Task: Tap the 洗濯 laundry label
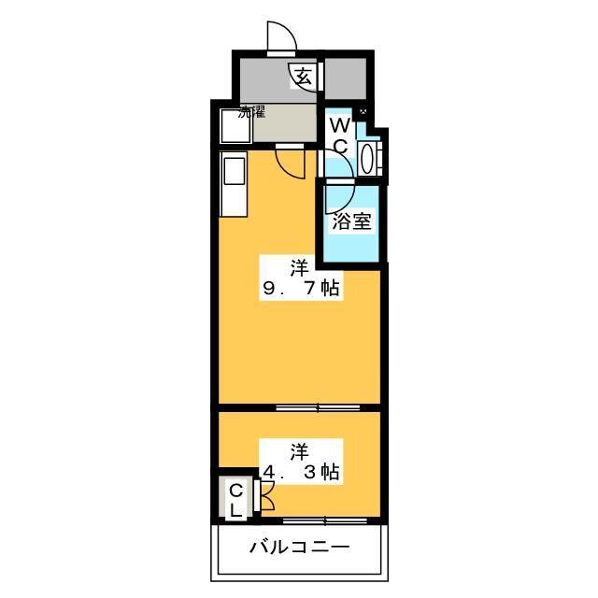click(251, 112)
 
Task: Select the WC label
click(340, 135)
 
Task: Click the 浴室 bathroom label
click(351, 221)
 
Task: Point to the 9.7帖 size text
click(301, 288)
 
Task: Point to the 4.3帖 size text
click(301, 472)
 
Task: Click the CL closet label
click(236, 501)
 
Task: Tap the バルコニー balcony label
click(299, 548)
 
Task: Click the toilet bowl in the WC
click(366, 159)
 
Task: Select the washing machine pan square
click(235, 126)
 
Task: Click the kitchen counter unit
click(234, 184)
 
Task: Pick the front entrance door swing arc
click(282, 36)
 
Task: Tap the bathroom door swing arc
click(340, 198)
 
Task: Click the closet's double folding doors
click(265, 496)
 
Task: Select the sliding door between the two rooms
click(318, 407)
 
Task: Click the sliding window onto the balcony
click(325, 520)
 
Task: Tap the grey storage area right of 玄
click(346, 78)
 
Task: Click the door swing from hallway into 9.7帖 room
click(291, 164)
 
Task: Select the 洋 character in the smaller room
click(299, 452)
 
